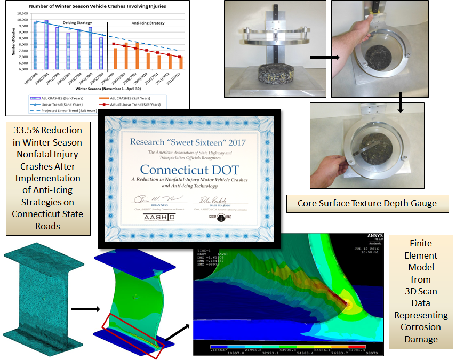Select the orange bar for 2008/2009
[137, 55]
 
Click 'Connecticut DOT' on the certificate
[191, 170]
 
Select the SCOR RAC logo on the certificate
[228, 219]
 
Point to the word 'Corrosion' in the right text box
[421, 326]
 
